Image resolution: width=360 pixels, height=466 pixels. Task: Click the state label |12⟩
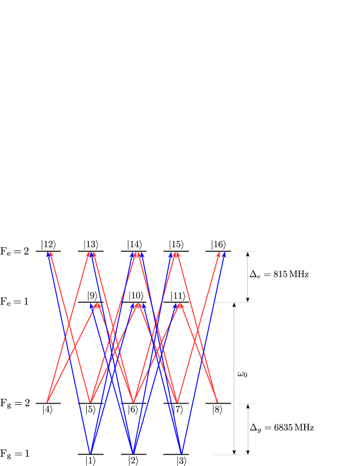[49, 244]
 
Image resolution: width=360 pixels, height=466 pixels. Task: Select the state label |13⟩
[91, 244]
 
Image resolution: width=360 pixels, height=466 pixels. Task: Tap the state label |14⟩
[134, 244]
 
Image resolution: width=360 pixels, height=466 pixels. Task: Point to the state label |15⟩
[176, 244]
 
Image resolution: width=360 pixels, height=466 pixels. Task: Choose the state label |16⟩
[218, 244]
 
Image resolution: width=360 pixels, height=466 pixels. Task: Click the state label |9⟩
[92, 296]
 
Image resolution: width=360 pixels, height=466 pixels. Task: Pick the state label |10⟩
[136, 296]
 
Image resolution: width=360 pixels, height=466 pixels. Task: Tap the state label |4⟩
[48, 410]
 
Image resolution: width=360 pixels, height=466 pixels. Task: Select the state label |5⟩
[91, 410]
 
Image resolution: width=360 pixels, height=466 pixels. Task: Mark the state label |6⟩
[133, 410]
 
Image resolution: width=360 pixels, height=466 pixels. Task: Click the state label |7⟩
[178, 410]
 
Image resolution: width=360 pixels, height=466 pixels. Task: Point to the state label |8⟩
[217, 410]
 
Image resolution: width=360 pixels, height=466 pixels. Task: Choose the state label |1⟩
[91, 461]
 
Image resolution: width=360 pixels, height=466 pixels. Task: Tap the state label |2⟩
[133, 461]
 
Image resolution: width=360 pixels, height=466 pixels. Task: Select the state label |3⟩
[181, 461]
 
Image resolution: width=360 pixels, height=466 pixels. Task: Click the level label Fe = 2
[15, 251]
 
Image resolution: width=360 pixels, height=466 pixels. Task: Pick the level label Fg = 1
[15, 454]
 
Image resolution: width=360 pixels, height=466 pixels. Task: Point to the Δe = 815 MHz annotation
[279, 274]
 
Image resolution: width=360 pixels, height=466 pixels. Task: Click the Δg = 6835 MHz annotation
[281, 428]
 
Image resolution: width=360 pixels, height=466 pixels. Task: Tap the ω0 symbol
[242, 374]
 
